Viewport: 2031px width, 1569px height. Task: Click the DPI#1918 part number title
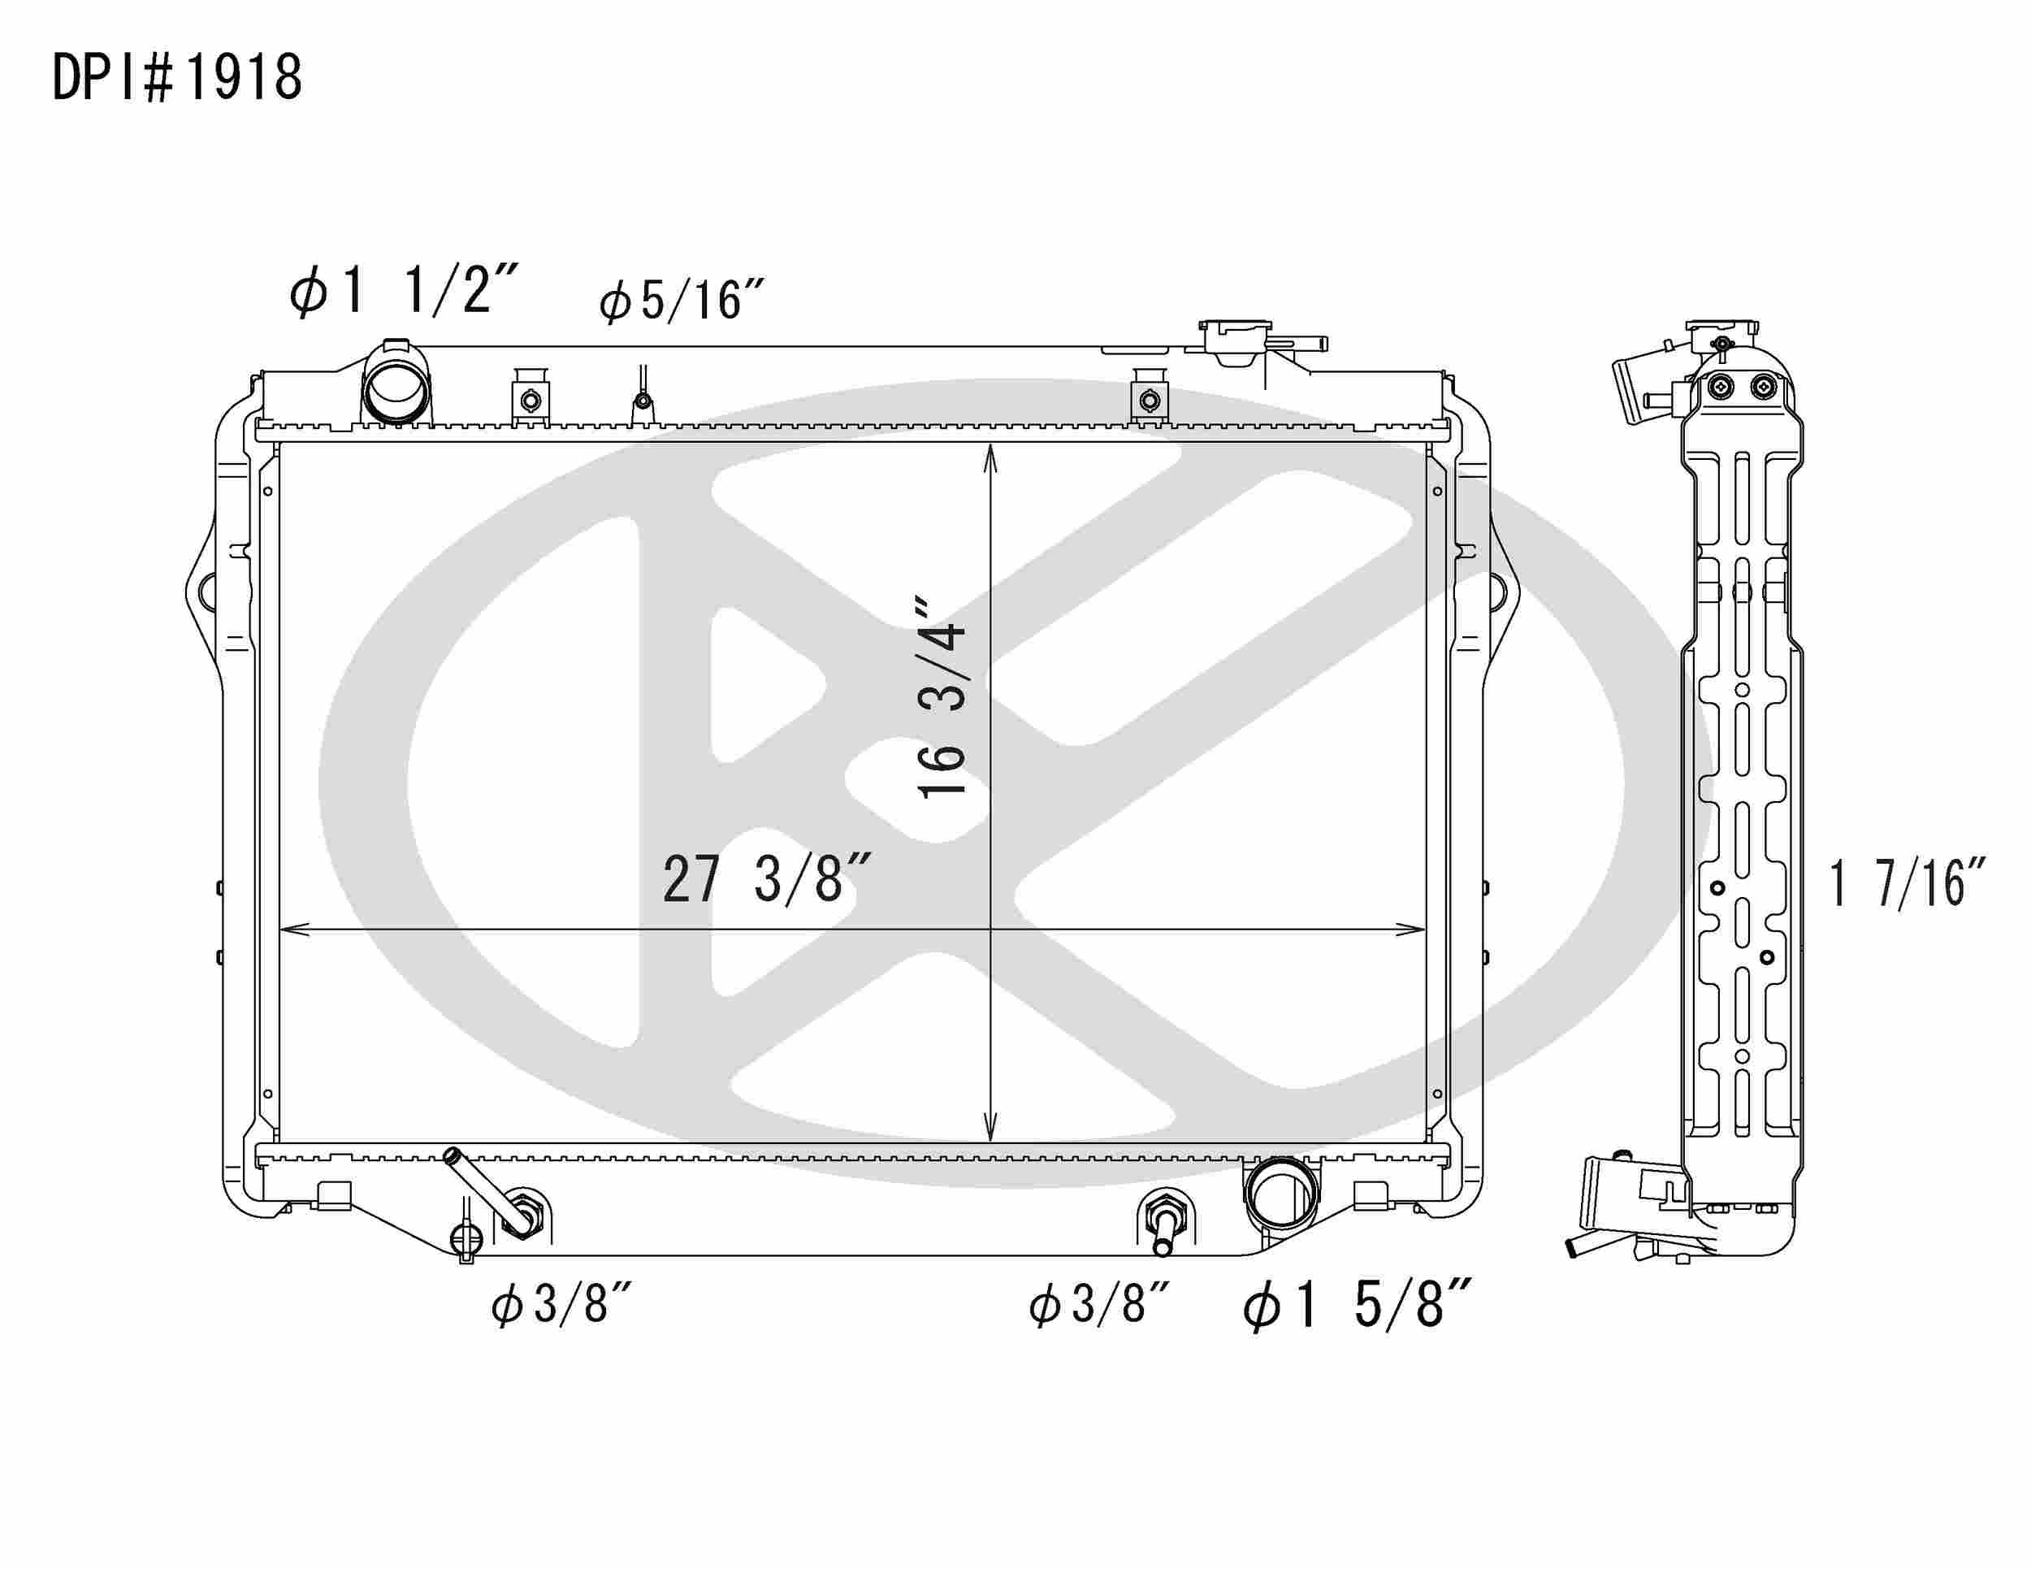[x=176, y=78]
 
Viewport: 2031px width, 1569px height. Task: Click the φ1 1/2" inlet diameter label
[x=402, y=290]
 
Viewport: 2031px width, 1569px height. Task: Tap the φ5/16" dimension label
[x=681, y=302]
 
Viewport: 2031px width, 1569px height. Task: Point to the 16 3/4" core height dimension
[x=942, y=697]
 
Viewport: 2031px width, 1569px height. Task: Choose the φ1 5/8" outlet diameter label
[x=1357, y=1304]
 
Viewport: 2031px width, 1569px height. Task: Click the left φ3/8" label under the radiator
[x=561, y=1304]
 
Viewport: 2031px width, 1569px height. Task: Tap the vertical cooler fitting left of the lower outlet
[x=1165, y=1222]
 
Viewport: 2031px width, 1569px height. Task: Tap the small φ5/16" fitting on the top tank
[x=642, y=401]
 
